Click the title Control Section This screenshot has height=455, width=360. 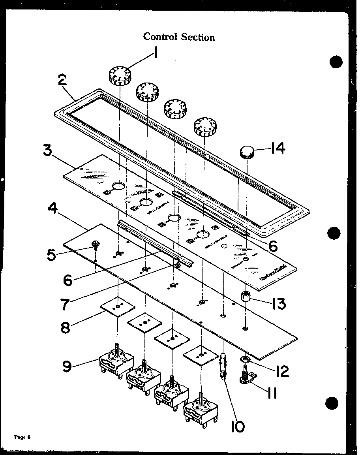tap(179, 37)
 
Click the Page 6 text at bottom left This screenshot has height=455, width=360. tap(22, 437)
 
